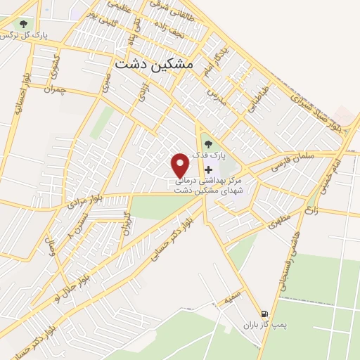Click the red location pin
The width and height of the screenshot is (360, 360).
181,165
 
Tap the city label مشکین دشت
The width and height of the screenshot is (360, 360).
152,63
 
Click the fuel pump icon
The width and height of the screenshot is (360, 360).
264,314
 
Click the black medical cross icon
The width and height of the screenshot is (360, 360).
208,169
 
